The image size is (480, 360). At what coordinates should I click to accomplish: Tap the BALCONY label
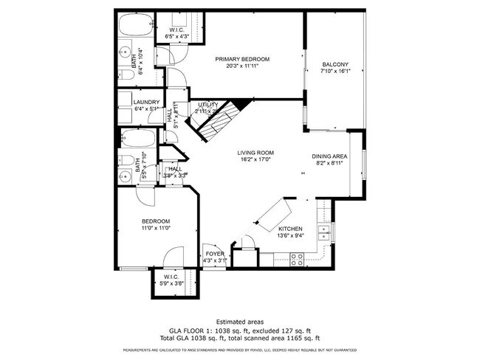click(x=335, y=65)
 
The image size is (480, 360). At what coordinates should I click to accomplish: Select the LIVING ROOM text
click(x=250, y=153)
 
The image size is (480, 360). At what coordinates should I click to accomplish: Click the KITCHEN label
click(x=290, y=229)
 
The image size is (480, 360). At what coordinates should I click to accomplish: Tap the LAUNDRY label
click(x=137, y=102)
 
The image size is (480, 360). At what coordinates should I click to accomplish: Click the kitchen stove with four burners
click(x=297, y=259)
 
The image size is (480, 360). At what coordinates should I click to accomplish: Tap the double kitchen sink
click(x=323, y=234)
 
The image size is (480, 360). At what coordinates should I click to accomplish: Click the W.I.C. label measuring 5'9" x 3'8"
click(x=174, y=280)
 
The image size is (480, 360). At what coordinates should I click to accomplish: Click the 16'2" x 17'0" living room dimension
click(x=250, y=160)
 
